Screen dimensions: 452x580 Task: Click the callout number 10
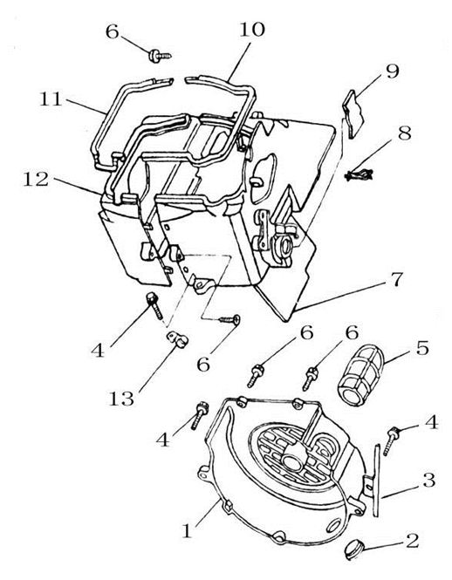pyautogui.click(x=252, y=30)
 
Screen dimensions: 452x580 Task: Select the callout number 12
pyautogui.click(x=36, y=180)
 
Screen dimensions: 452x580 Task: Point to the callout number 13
pyautogui.click(x=121, y=399)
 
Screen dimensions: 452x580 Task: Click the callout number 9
pyautogui.click(x=393, y=71)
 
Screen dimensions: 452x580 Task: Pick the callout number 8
pyautogui.click(x=405, y=133)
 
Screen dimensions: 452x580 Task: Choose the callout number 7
pyautogui.click(x=397, y=279)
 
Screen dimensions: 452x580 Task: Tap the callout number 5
pyautogui.click(x=422, y=348)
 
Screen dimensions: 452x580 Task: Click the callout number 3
pyautogui.click(x=430, y=480)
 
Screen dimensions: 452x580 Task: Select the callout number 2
pyautogui.click(x=412, y=541)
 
